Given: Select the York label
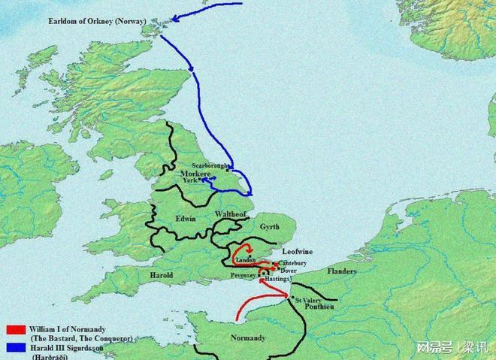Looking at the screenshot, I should point(189,180).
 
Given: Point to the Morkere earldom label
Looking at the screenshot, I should point(195,174).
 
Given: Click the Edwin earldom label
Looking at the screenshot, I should point(186,218).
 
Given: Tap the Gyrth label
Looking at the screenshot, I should point(268,226).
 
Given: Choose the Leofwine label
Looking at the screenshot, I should point(296,253).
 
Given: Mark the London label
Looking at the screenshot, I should point(246,260).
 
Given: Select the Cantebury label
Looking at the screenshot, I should point(292,263).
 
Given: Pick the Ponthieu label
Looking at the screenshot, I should point(317,308).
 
